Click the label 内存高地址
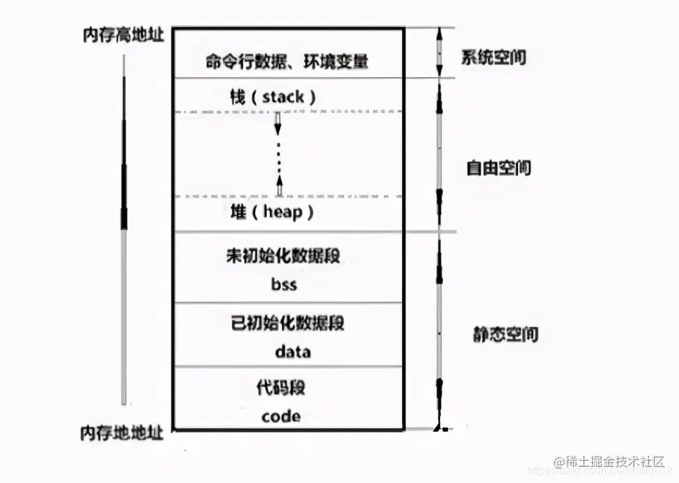click(x=122, y=35)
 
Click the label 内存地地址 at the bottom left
click(x=122, y=433)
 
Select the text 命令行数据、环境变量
click(x=287, y=61)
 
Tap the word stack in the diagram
click(x=283, y=96)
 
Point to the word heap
click(x=283, y=212)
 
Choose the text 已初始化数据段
click(x=287, y=323)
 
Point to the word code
click(x=281, y=416)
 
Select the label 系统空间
click(x=494, y=57)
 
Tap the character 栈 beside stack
click(x=238, y=96)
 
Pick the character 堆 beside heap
click(x=238, y=212)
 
